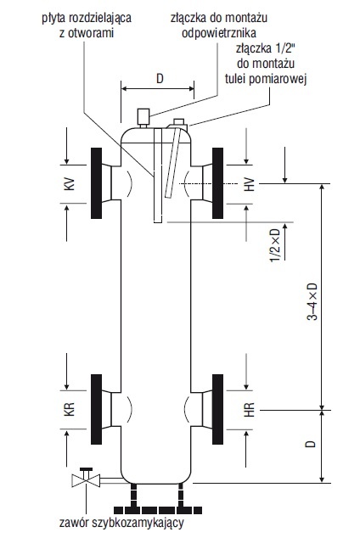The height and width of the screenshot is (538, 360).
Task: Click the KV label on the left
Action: coord(70,184)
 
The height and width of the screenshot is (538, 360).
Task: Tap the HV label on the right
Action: coord(250,184)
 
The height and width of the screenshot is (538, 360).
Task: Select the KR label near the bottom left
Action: coord(70,410)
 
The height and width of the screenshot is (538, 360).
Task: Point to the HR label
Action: coord(250,410)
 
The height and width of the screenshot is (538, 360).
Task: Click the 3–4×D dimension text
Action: coord(312,302)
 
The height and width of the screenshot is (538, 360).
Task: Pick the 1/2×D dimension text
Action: coord(275,246)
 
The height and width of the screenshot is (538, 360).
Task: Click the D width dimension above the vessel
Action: coord(160,79)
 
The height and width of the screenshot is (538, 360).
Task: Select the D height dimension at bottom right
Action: coord(310,444)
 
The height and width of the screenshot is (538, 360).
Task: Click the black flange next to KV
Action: coord(97,183)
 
